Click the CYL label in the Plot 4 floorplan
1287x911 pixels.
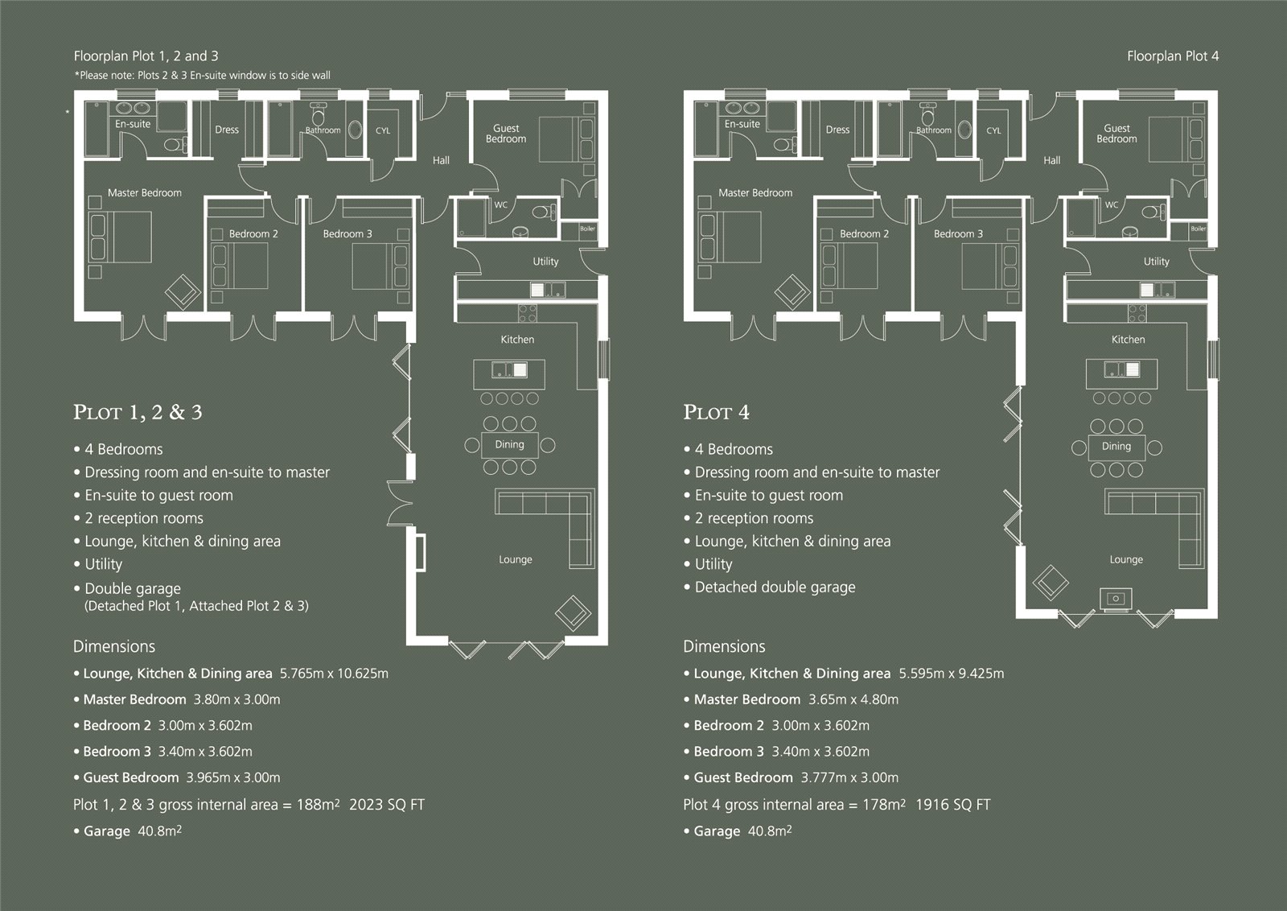pyautogui.click(x=993, y=130)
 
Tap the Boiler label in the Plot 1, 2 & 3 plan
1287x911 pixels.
pyautogui.click(x=588, y=229)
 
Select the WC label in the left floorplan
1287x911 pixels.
pyautogui.click(x=500, y=204)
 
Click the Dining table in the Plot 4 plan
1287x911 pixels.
pyautogui.click(x=1116, y=446)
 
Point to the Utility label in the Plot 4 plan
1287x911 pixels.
pyautogui.click(x=1156, y=262)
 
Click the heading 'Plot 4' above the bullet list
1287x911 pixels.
pyautogui.click(x=716, y=413)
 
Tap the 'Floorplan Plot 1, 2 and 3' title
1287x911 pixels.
pyautogui.click(x=146, y=56)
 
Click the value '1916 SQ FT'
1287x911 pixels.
pyautogui.click(x=952, y=805)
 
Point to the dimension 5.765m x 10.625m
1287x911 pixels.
pyautogui.click(x=334, y=674)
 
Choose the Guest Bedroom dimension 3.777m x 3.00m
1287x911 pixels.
pyautogui.click(x=849, y=777)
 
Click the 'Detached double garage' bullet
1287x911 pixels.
pyautogui.click(x=775, y=587)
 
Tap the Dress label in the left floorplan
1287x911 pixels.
pyautogui.click(x=227, y=130)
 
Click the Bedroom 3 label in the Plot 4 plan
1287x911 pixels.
pyautogui.click(x=958, y=234)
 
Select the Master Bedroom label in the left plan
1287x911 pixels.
pyautogui.click(x=145, y=193)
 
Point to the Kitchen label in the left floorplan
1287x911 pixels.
pyautogui.click(x=517, y=340)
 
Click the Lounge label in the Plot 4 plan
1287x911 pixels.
pyautogui.click(x=1126, y=559)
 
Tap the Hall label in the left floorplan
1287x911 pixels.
pyautogui.click(x=441, y=160)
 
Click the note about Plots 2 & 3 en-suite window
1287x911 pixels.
pyautogui.click(x=202, y=76)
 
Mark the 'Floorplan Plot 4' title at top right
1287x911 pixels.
pyautogui.click(x=1172, y=56)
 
